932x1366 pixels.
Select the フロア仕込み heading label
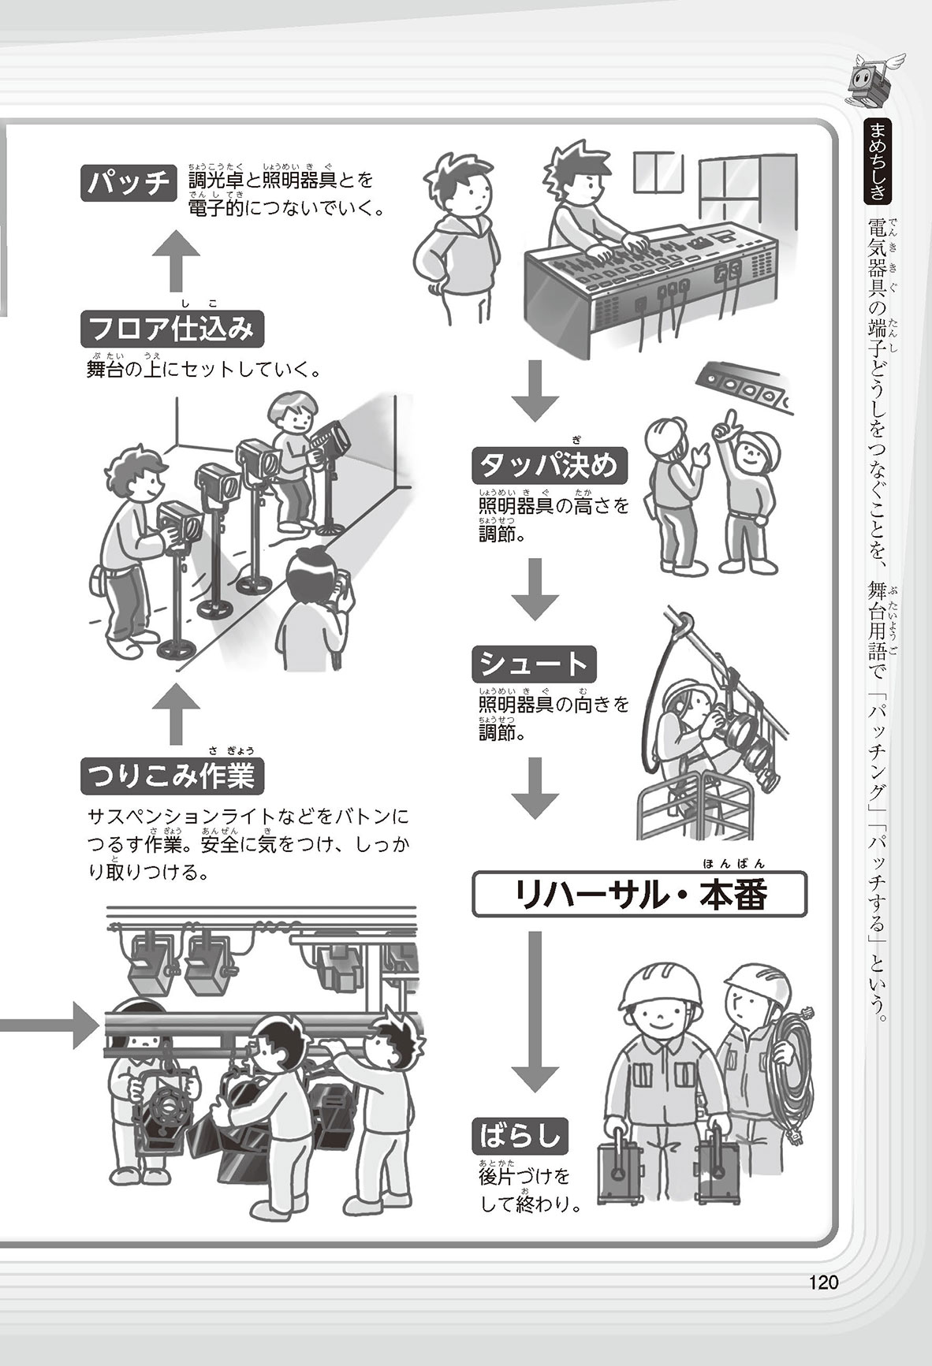[171, 329]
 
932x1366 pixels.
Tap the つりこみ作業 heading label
[172, 777]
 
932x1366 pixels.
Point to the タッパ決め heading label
[551, 467]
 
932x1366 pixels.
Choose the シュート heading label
[534, 664]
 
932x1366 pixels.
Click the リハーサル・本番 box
[639, 894]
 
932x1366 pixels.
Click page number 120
[822, 1282]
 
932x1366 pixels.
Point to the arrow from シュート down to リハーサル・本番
[535, 788]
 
